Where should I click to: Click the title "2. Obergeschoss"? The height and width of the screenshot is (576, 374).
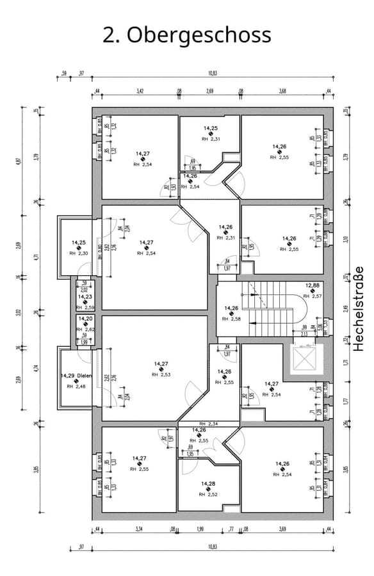click(x=187, y=35)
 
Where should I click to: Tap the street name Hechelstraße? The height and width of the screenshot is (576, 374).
click(x=359, y=308)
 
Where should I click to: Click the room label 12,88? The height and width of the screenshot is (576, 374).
click(x=312, y=285)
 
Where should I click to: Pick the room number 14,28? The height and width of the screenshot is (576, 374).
click(x=208, y=484)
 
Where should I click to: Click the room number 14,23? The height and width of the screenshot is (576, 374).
click(x=85, y=296)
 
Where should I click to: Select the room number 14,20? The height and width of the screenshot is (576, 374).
click(x=85, y=319)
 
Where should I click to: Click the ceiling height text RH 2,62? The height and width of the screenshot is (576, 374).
click(x=85, y=330)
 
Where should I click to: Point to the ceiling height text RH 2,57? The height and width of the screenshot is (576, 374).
click(x=312, y=296)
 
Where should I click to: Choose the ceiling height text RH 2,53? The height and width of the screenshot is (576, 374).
click(x=161, y=374)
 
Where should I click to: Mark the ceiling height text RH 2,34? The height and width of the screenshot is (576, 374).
click(x=209, y=424)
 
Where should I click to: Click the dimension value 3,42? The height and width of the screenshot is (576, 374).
click(x=140, y=92)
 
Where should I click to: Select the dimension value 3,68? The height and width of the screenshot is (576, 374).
click(x=282, y=92)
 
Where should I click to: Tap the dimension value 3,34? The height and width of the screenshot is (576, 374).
click(x=138, y=529)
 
